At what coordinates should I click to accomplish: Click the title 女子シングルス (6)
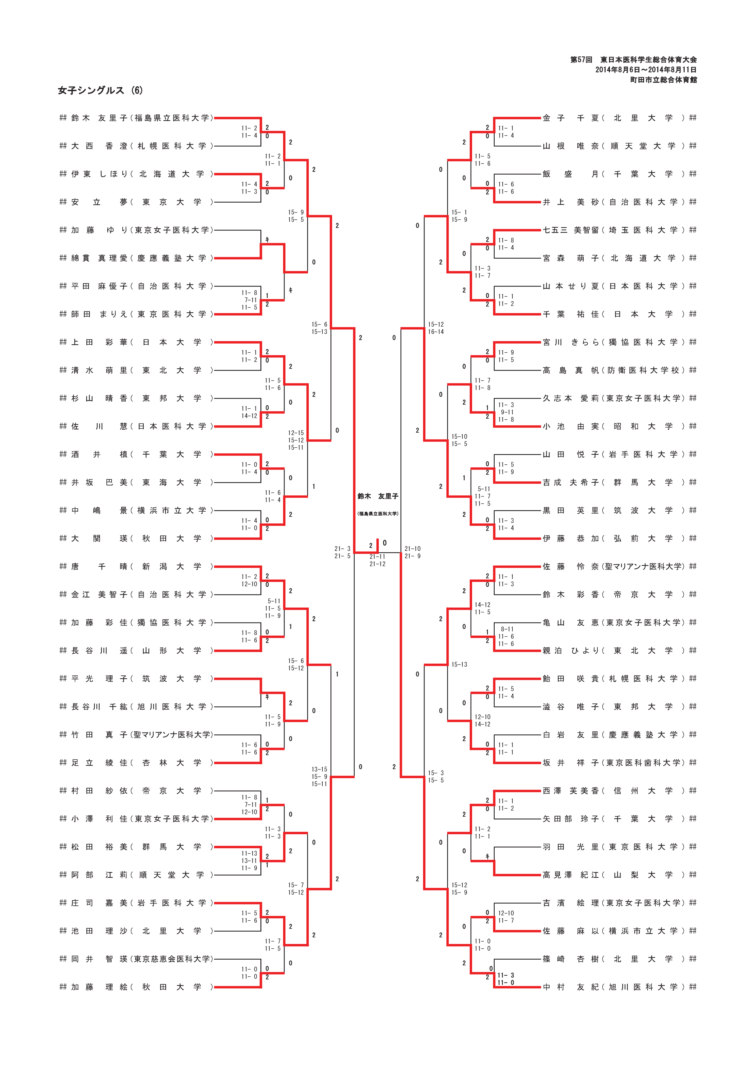pyautogui.click(x=100, y=90)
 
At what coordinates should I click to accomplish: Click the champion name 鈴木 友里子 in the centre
pyautogui.click(x=378, y=496)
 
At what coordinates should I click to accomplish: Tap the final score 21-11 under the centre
pyautogui.click(x=377, y=556)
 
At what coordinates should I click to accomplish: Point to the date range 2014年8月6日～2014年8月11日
pyautogui.click(x=646, y=70)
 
